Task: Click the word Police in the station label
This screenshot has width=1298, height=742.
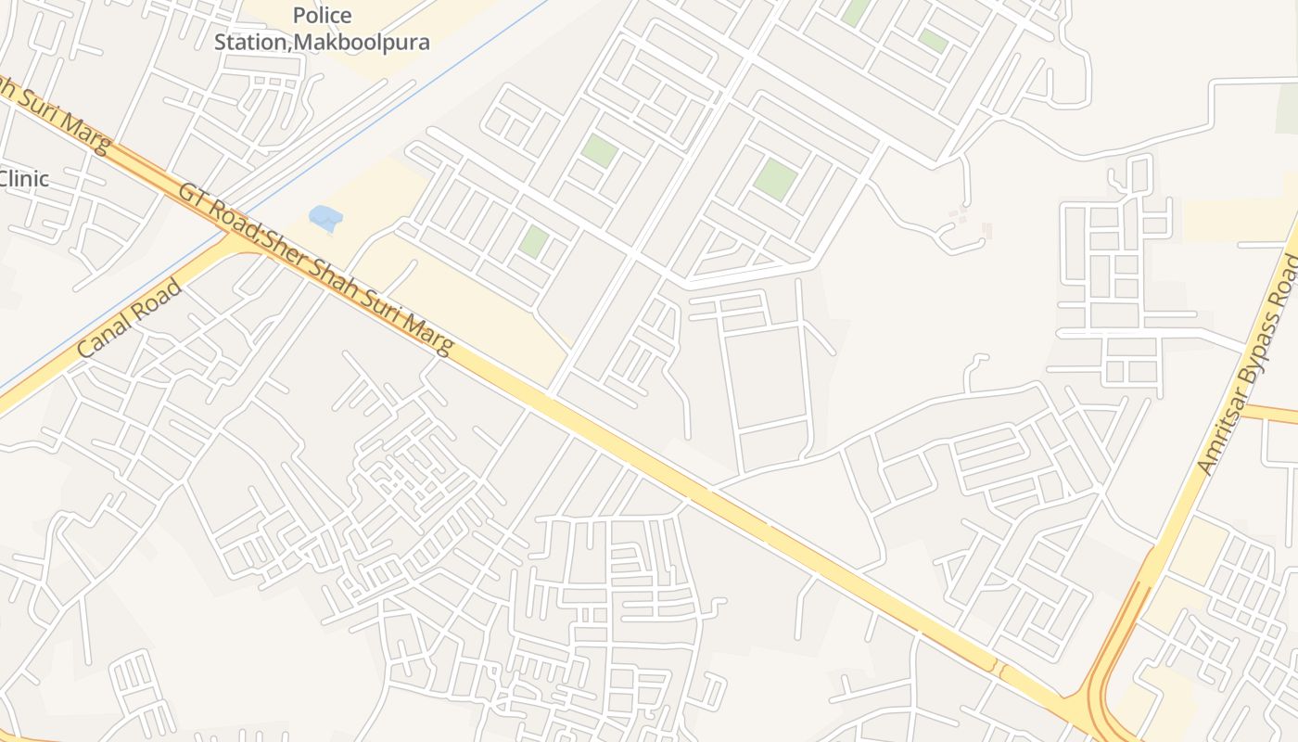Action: click(x=322, y=16)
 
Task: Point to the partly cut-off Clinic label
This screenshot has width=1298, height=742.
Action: click(x=24, y=179)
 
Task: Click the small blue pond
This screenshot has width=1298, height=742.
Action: click(x=325, y=219)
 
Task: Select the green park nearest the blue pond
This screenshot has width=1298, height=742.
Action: click(x=533, y=242)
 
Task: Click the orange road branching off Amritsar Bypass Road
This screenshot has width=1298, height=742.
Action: click(x=1270, y=413)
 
